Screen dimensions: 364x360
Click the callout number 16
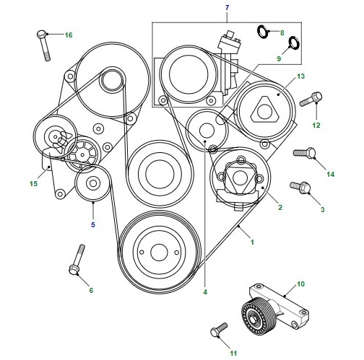[69, 35]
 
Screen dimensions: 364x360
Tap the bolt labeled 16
[44, 45]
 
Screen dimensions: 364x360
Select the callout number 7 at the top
[227, 8]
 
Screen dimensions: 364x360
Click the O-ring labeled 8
[262, 31]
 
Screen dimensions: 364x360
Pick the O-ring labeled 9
[293, 43]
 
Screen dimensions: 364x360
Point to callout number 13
[300, 76]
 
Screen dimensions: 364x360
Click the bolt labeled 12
[311, 100]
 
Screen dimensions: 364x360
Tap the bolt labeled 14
[304, 153]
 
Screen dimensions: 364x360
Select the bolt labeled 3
[300, 187]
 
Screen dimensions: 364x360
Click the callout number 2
[280, 207]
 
